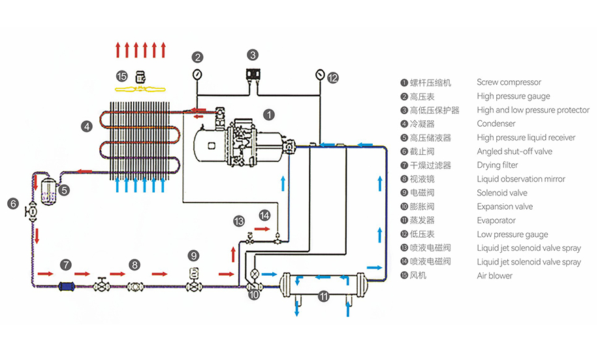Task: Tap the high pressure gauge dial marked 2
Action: (x=197, y=73)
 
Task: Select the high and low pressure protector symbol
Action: (x=253, y=74)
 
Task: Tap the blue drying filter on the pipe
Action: (x=67, y=286)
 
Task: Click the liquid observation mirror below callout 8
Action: (x=135, y=286)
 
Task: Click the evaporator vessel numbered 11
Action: (x=323, y=283)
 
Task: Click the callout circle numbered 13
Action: (x=239, y=221)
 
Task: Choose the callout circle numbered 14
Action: (x=264, y=214)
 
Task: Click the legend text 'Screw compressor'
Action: (x=509, y=82)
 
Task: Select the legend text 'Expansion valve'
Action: (x=505, y=206)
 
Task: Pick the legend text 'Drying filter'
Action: (x=497, y=165)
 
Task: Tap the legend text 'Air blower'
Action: (x=494, y=276)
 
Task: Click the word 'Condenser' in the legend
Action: (x=496, y=123)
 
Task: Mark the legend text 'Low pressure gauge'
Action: (x=512, y=235)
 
